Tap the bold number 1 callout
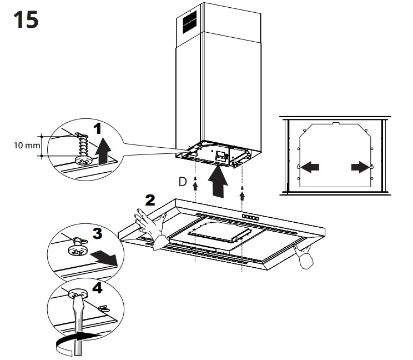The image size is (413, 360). [x=98, y=130]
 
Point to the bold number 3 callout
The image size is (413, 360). [x=98, y=234]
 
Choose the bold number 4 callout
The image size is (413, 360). [x=97, y=288]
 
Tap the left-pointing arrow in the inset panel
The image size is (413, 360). [x=310, y=166]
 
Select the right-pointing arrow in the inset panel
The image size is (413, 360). [x=359, y=166]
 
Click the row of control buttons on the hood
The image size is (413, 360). [x=250, y=217]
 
